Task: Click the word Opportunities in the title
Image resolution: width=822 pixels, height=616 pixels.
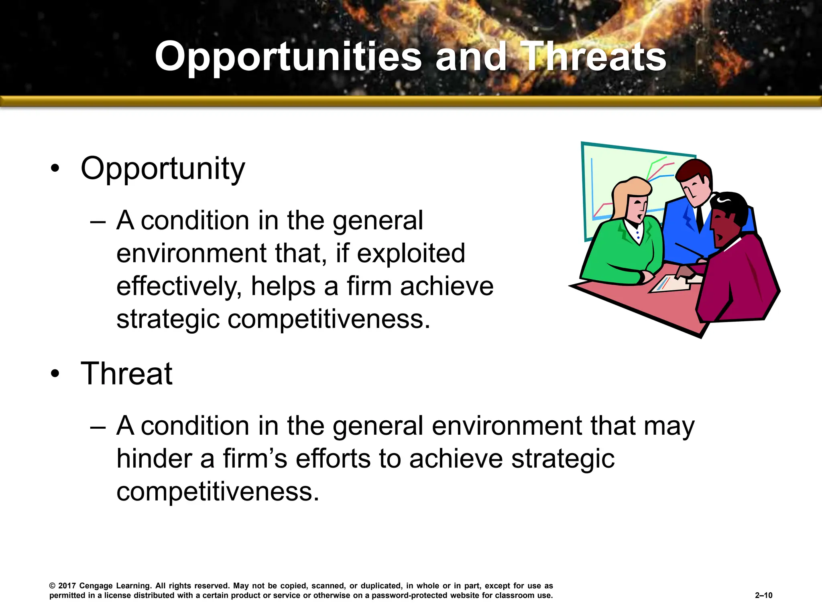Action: [288, 57]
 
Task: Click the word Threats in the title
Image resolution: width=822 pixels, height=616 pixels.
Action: [595, 57]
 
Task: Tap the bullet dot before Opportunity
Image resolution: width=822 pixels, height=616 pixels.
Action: [55, 168]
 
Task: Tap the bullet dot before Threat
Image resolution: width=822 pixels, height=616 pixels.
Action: [55, 374]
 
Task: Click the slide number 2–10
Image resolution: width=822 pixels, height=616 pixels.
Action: [763, 595]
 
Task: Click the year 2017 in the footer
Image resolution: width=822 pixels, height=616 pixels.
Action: [67, 586]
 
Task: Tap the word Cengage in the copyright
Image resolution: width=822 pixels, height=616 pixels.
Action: [96, 586]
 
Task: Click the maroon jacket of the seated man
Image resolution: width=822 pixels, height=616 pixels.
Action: [739, 281]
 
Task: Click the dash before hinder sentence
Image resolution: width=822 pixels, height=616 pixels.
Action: [98, 426]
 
